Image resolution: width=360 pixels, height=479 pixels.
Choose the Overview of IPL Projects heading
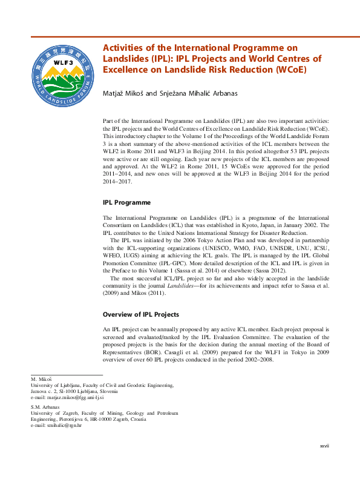(x=140, y=315)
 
